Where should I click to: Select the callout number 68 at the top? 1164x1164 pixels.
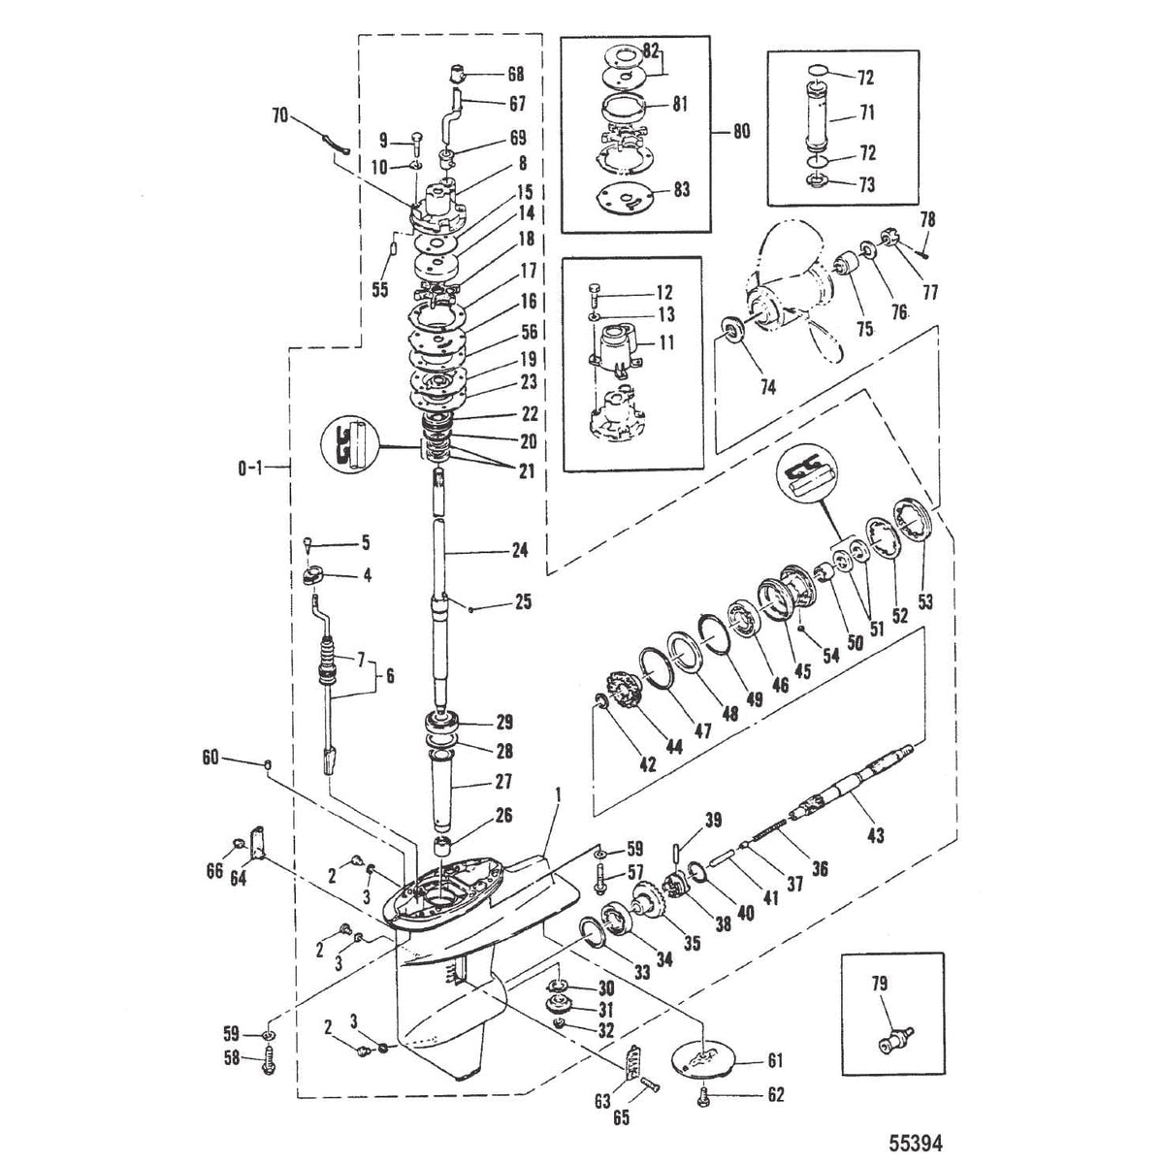click(x=515, y=73)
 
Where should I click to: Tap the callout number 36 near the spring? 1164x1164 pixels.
click(x=820, y=870)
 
